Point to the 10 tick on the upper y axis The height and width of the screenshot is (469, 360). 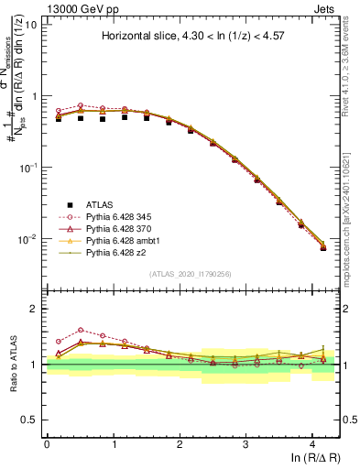click(x=32, y=25)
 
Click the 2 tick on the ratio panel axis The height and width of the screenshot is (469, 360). click(x=37, y=310)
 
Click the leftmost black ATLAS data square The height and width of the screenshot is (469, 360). click(x=59, y=117)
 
